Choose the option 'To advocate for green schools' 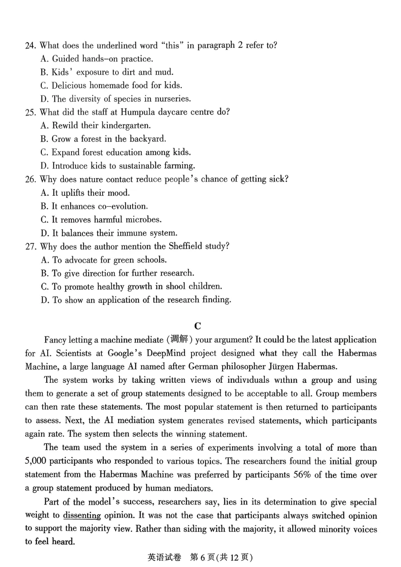(x=103, y=260)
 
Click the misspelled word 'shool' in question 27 (x=177, y=286)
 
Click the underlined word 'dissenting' (x=82, y=515)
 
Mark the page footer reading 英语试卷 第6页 (x=200, y=557)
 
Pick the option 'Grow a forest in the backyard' (x=102, y=139)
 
